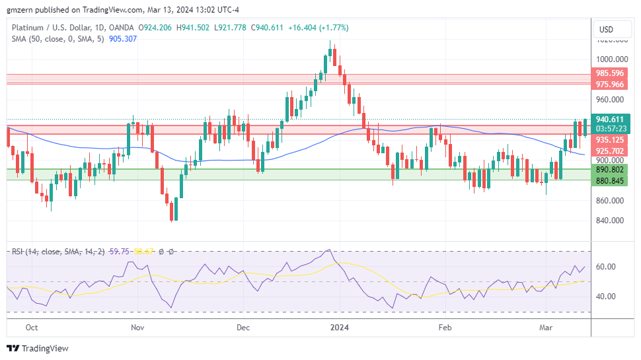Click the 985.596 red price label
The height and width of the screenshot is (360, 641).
(x=610, y=73)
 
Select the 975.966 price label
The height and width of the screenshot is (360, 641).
(x=610, y=85)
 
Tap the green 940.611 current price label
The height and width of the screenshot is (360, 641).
(x=610, y=120)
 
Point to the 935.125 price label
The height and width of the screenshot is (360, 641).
(x=610, y=140)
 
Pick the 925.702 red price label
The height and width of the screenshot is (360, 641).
(x=610, y=151)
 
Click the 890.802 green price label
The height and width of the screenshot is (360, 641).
(x=610, y=170)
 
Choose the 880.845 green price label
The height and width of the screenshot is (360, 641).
(x=610, y=180)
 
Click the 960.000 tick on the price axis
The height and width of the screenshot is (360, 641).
(x=610, y=100)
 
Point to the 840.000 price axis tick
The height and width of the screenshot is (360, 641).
(x=610, y=221)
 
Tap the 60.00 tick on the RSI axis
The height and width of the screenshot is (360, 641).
(x=607, y=267)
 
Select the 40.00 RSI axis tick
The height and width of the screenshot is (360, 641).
(x=607, y=297)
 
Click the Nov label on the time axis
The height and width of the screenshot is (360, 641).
(x=137, y=327)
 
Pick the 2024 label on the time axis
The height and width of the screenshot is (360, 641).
(x=339, y=327)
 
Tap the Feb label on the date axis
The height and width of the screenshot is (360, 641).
(x=445, y=327)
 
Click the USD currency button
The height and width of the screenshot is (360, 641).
(x=606, y=29)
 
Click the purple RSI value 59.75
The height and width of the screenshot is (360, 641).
(x=119, y=252)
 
